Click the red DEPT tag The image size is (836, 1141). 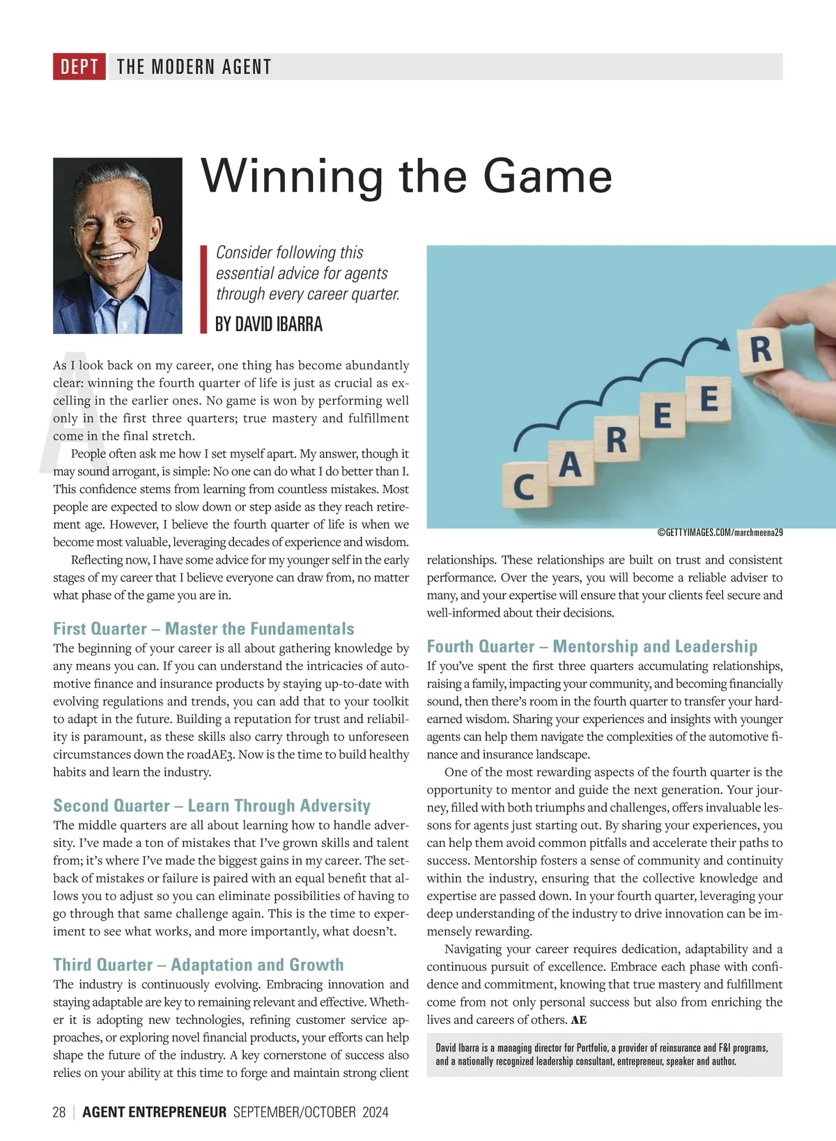tap(79, 67)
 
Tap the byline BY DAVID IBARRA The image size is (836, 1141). tap(269, 325)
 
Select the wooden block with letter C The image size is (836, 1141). tap(525, 486)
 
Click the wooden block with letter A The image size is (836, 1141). tap(571, 463)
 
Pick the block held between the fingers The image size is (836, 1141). tap(761, 349)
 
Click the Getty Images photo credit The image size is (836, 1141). tap(720, 533)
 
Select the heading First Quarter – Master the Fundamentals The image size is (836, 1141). tap(203, 629)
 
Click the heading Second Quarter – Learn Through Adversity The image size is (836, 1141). tap(212, 806)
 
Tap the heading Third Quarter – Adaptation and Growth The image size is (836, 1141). tap(199, 965)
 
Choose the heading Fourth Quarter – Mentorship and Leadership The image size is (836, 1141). tap(592, 646)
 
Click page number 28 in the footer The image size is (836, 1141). tap(59, 1112)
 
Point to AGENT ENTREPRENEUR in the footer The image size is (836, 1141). tap(155, 1112)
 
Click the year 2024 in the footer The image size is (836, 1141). tap(375, 1112)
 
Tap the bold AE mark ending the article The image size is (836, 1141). tap(578, 1020)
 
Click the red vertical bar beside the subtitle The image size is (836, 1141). tap(204, 289)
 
